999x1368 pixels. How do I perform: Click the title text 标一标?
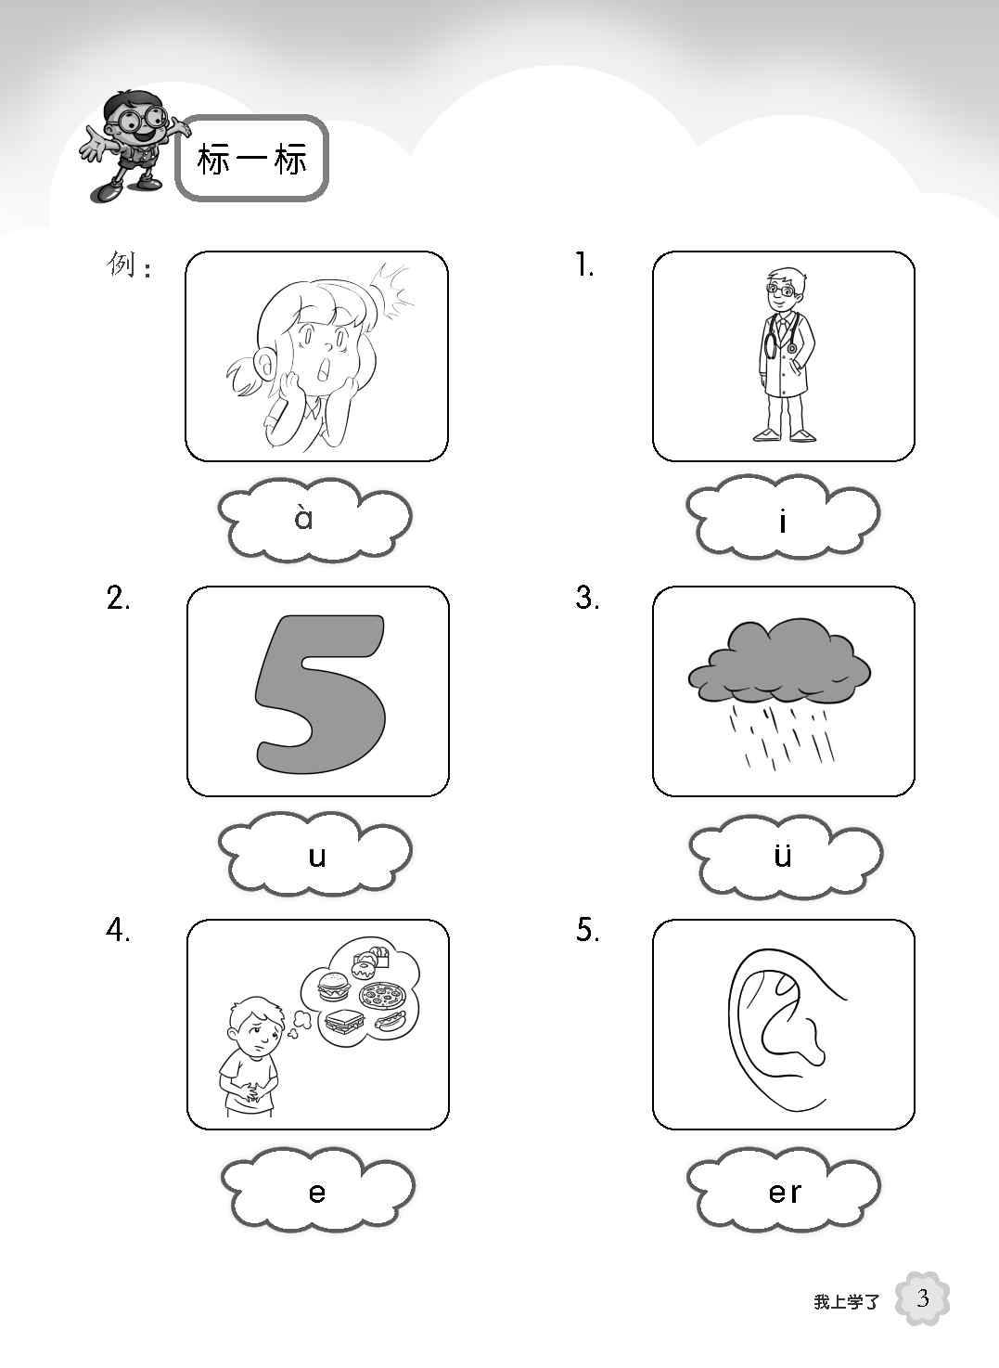[252, 160]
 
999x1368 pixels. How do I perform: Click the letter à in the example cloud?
[303, 517]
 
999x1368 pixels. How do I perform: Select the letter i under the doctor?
[783, 521]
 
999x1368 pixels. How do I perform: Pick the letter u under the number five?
[317, 857]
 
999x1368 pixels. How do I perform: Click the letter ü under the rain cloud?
[783, 854]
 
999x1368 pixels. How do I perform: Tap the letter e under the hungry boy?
[316, 1192]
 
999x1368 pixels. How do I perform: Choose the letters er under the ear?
[785, 1192]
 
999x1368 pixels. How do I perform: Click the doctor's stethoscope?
[782, 335]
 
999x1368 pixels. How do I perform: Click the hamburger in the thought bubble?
[332, 987]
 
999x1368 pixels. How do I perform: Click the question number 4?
[118, 930]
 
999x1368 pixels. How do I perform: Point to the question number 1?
[584, 265]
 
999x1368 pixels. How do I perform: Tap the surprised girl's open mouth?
[326, 368]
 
